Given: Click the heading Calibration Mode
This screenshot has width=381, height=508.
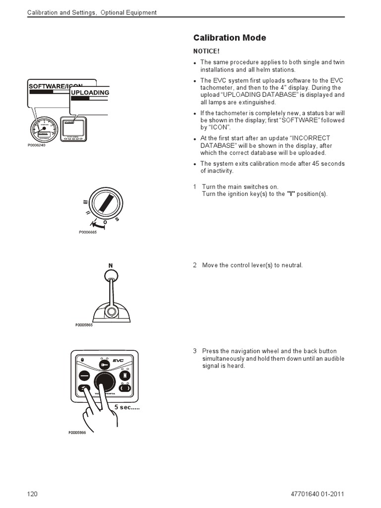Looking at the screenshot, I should tap(229, 38).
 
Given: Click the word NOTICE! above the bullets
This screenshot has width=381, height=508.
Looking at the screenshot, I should tap(206, 51).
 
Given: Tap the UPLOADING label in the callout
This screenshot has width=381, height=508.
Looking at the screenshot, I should tap(90, 93).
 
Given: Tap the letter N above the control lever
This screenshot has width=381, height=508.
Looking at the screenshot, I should tap(111, 265).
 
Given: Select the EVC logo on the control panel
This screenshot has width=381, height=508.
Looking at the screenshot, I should tap(118, 361).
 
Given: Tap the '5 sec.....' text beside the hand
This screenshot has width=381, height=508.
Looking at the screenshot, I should tap(127, 407).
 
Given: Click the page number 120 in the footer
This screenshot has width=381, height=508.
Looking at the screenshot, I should tap(32, 494).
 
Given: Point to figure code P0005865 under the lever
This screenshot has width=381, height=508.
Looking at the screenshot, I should tap(84, 325).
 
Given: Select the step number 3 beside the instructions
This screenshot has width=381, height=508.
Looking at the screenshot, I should tap(195, 351).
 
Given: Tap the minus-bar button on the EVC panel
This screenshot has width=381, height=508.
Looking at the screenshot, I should tap(84, 376).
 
